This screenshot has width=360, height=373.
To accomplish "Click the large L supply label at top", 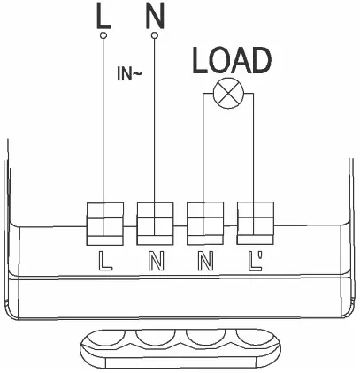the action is point(103,18).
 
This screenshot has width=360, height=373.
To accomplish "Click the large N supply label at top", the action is point(155,17).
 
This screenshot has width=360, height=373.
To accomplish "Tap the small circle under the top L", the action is point(103,35).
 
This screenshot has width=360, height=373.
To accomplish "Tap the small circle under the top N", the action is point(155,35).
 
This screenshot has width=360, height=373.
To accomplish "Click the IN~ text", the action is point(129,73).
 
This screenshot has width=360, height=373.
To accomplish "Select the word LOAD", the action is point(232,61).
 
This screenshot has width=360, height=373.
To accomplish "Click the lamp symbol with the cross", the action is point(228,94).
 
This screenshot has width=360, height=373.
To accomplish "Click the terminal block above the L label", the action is point(105,224).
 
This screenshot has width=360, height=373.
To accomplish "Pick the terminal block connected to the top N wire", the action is point(155,224).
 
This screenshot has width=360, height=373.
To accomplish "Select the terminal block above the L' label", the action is point(256,223).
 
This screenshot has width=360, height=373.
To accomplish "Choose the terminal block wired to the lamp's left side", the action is point(205,224).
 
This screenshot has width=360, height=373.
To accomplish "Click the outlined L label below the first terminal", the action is point(105,261).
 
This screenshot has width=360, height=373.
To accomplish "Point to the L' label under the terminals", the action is point(256,261).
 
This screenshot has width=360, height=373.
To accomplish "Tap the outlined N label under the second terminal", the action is point(156,261).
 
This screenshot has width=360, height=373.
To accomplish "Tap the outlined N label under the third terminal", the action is point(205,261).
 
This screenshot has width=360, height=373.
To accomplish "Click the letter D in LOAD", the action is point(260,61).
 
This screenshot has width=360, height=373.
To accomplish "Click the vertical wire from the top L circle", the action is point(103,137).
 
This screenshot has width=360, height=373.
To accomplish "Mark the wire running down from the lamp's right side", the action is point(254,164).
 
